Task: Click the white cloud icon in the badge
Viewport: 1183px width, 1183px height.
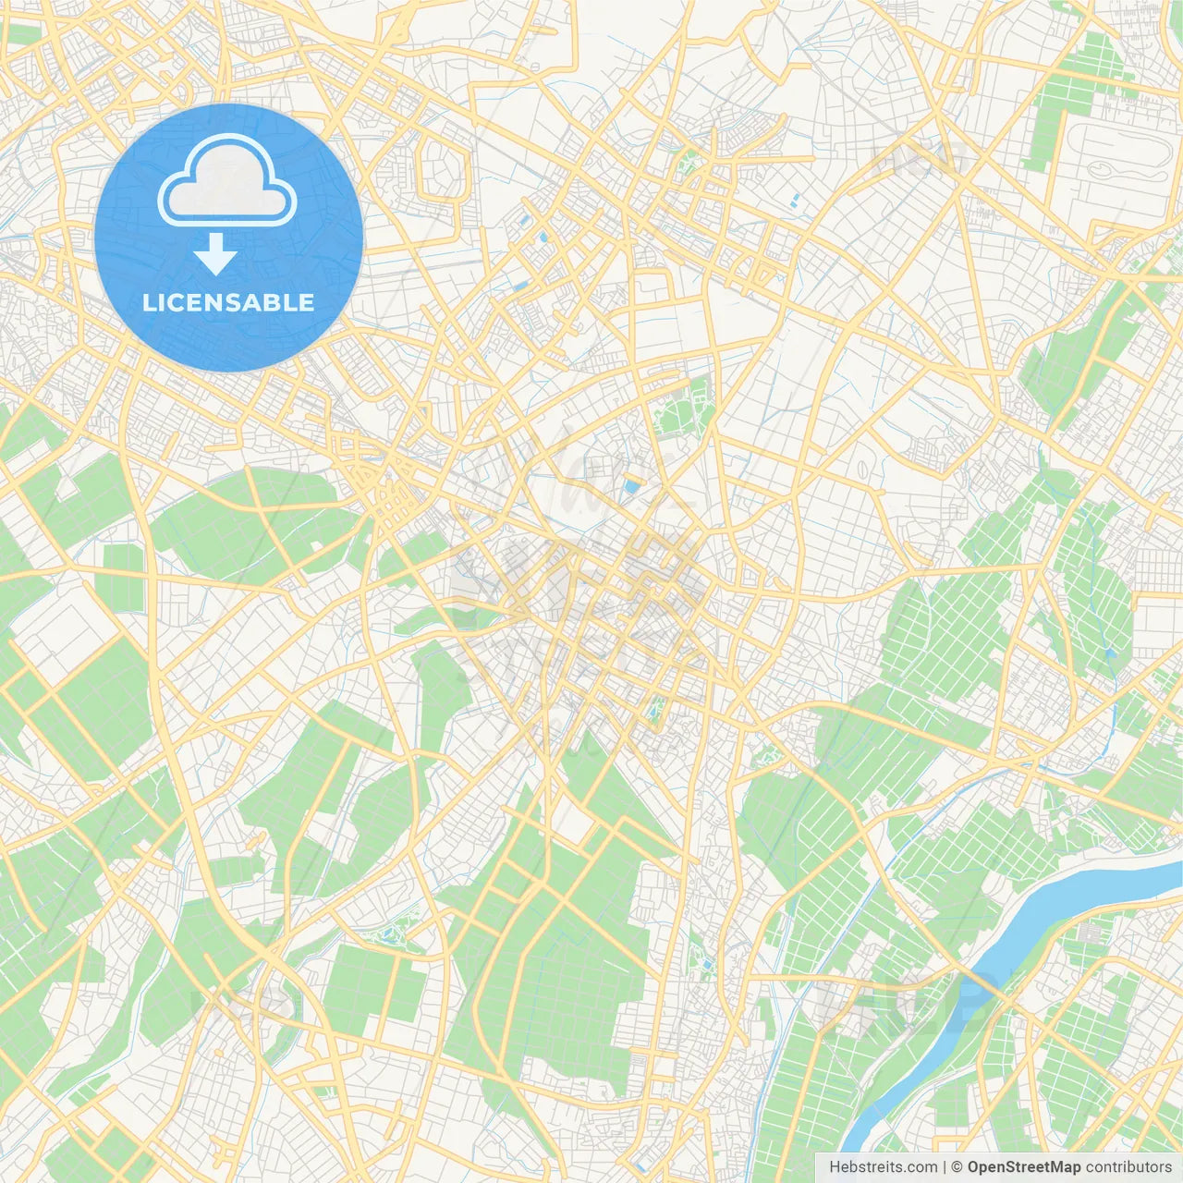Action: pos(227,181)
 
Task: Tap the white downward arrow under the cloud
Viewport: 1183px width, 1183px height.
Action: pos(215,254)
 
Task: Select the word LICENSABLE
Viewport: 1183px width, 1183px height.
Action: pos(228,302)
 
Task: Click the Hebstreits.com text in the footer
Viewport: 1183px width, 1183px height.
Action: pos(883,1167)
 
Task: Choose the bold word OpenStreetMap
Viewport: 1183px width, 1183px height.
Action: pos(1023,1167)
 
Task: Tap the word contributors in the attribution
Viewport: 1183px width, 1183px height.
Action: pos(1128,1167)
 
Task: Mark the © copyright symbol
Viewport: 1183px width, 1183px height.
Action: pos(957,1167)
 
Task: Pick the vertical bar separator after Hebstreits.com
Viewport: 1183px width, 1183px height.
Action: pos(945,1167)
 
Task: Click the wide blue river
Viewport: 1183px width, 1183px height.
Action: pos(1072,901)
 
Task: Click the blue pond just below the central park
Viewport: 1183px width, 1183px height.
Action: pos(632,484)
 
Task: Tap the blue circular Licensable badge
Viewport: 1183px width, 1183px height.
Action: pos(229,238)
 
